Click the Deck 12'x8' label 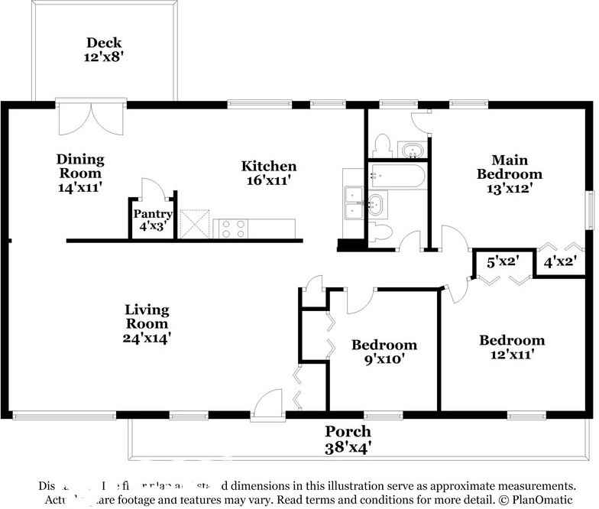coord(105,50)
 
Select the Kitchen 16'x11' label coord(269,173)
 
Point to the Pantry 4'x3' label coord(152,220)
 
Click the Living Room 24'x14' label coord(147,323)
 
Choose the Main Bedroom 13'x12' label coord(510,173)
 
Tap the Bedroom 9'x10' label coord(384,352)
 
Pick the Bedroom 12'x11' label coord(511,347)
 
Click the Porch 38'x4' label coord(348,439)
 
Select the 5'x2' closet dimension coord(503,262)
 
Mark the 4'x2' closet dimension coord(559,262)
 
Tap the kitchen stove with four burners coord(231,227)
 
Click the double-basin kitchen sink coord(352,203)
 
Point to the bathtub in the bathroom coord(397,177)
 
